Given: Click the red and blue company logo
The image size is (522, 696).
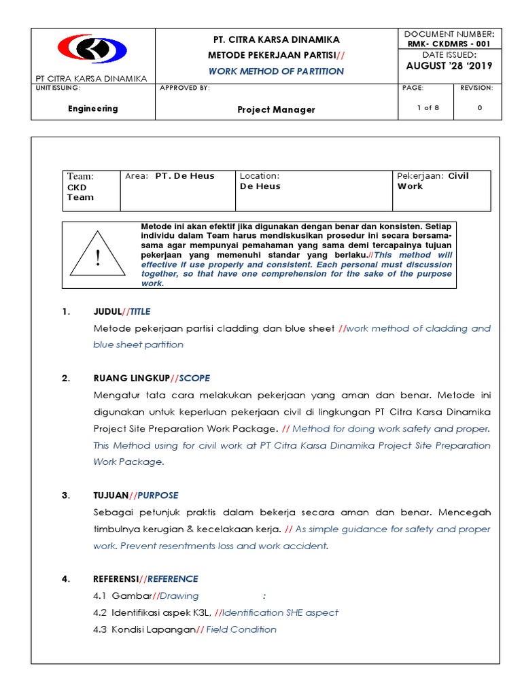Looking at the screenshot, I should click(x=92, y=50).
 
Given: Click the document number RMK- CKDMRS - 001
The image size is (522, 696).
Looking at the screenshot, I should click(x=449, y=44).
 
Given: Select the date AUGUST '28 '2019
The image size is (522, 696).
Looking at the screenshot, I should click(x=449, y=66).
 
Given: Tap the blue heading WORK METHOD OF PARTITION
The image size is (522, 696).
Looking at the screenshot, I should click(x=276, y=71).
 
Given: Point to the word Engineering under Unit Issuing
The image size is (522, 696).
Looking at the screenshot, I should click(x=93, y=109).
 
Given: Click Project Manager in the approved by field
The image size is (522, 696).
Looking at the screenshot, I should click(x=276, y=109).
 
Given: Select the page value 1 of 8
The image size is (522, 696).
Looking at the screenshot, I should click(x=428, y=108).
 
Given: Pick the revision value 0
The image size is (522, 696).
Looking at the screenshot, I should click(x=480, y=108).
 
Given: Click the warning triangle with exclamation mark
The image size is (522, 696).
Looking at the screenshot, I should click(x=98, y=256).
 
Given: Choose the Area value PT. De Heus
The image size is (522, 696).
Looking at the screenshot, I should click(x=184, y=176).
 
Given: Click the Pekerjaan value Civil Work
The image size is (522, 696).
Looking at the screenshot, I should click(x=432, y=181).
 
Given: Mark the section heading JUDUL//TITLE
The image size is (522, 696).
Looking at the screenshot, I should click(x=122, y=312).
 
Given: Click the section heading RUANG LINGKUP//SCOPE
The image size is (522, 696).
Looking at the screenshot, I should click(x=152, y=379).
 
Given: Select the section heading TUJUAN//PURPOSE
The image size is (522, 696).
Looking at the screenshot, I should click(x=136, y=495).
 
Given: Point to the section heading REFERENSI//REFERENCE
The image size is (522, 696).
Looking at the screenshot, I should click(x=145, y=579).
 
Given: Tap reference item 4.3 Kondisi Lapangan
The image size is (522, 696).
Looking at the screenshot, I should click(x=184, y=629).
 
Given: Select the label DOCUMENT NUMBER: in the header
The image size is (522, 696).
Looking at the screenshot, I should click(x=449, y=34).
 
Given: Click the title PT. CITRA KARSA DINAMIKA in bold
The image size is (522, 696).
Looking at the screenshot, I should click(x=276, y=39).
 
